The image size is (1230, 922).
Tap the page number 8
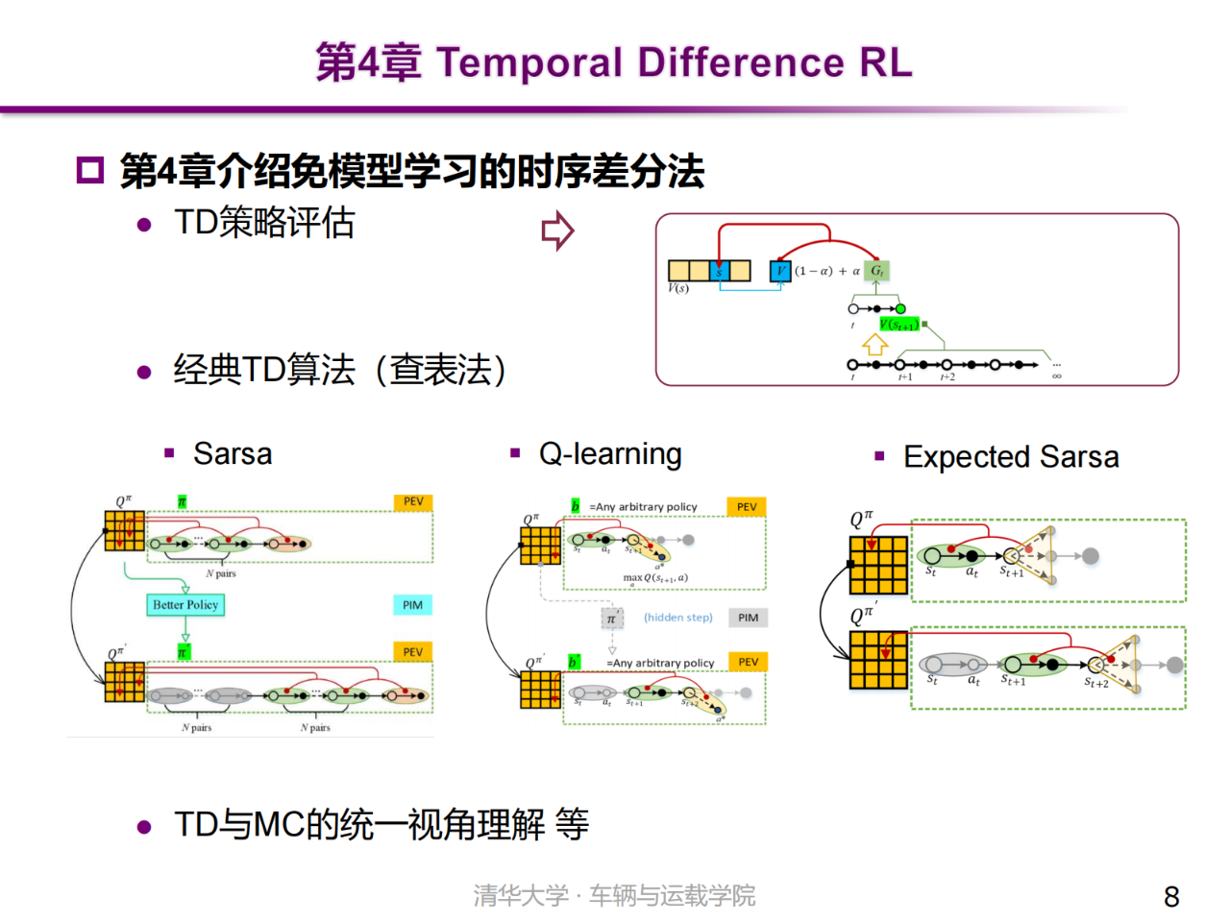pyautogui.click(x=1170, y=896)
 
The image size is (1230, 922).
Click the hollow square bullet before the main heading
pyautogui.click(x=89, y=171)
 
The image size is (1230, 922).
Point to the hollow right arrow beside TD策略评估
pyautogui.click(x=557, y=230)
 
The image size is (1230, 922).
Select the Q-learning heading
pyautogui.click(x=609, y=453)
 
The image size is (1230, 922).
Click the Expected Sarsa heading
pyautogui.click(x=1010, y=456)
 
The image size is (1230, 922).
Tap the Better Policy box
pyautogui.click(x=184, y=604)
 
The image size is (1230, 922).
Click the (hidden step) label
pyautogui.click(x=677, y=618)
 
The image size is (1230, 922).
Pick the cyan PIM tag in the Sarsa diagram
pyautogui.click(x=412, y=604)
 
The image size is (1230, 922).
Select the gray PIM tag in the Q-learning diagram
pyautogui.click(x=748, y=618)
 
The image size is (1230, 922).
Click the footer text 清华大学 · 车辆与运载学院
pyautogui.click(x=614, y=895)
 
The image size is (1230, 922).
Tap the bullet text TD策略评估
pyautogui.click(x=264, y=223)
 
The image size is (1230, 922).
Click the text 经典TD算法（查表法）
pyautogui.click(x=339, y=370)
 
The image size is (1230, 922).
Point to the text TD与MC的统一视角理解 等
pyautogui.click(x=381, y=824)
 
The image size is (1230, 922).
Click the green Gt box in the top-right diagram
pyautogui.click(x=875, y=271)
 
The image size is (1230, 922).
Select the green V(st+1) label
pyautogui.click(x=898, y=324)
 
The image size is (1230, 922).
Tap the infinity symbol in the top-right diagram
pyautogui.click(x=1056, y=376)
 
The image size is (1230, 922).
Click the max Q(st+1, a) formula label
pyautogui.click(x=654, y=577)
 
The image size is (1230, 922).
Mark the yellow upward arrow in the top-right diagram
pyautogui.click(x=874, y=344)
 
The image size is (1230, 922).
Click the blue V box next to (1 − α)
pyautogui.click(x=780, y=271)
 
